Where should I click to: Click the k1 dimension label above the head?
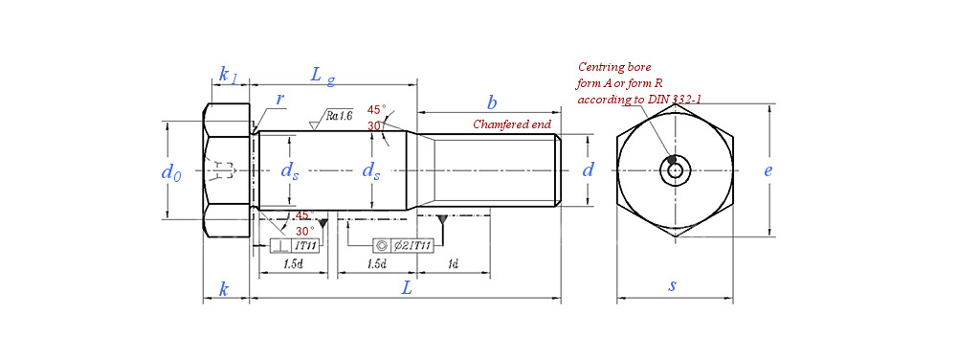point(229,75)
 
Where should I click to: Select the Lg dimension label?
point(323,77)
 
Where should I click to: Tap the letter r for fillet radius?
point(279,100)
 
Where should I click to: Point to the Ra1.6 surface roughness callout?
point(338,115)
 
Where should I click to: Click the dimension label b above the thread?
point(491,101)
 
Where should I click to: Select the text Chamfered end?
point(513,124)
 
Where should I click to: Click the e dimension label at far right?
point(768,170)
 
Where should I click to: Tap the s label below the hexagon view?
point(672,285)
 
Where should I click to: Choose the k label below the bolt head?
point(224,290)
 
